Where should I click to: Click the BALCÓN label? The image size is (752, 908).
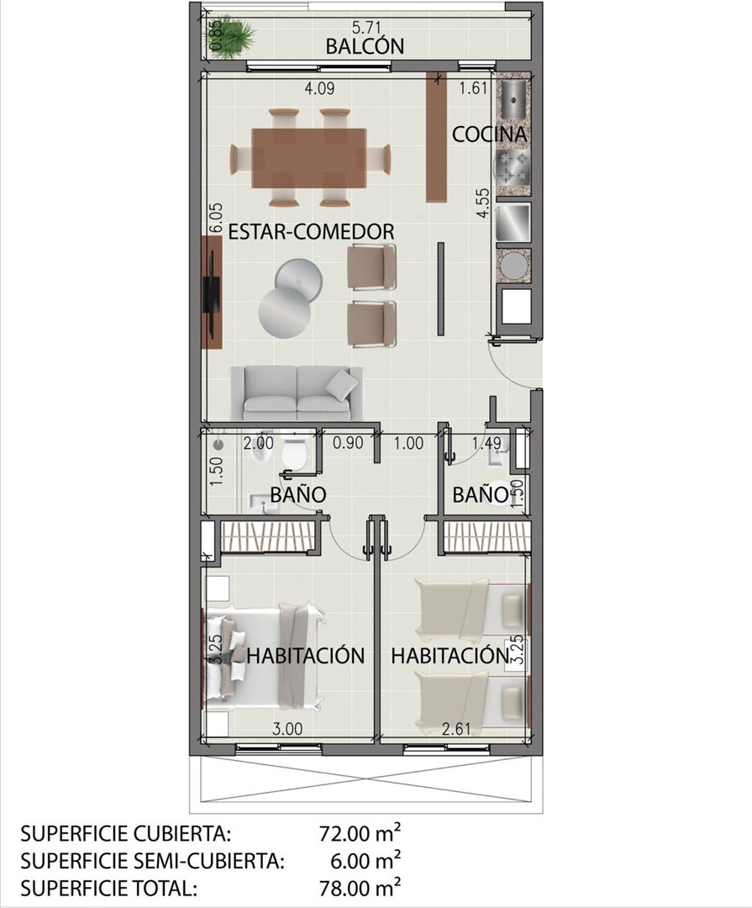[x=365, y=46]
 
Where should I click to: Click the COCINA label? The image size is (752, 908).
[x=489, y=134]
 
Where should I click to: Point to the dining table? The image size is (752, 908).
[x=308, y=158]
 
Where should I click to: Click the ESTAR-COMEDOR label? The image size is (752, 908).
[x=311, y=232]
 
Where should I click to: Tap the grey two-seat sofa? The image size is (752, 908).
[x=297, y=393]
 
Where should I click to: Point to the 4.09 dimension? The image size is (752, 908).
[x=319, y=89]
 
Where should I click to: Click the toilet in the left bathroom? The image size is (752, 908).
[x=294, y=451]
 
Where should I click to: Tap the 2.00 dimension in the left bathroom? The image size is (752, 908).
[x=258, y=444]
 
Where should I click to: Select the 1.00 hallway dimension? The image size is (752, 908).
[x=408, y=444]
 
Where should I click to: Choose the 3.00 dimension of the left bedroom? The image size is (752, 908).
[x=287, y=728]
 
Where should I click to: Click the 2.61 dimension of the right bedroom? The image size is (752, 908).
[x=456, y=728]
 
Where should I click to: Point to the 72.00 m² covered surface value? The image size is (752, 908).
[x=359, y=834]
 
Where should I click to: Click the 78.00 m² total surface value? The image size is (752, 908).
[x=359, y=887]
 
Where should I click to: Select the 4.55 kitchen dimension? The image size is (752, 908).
[x=483, y=203]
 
